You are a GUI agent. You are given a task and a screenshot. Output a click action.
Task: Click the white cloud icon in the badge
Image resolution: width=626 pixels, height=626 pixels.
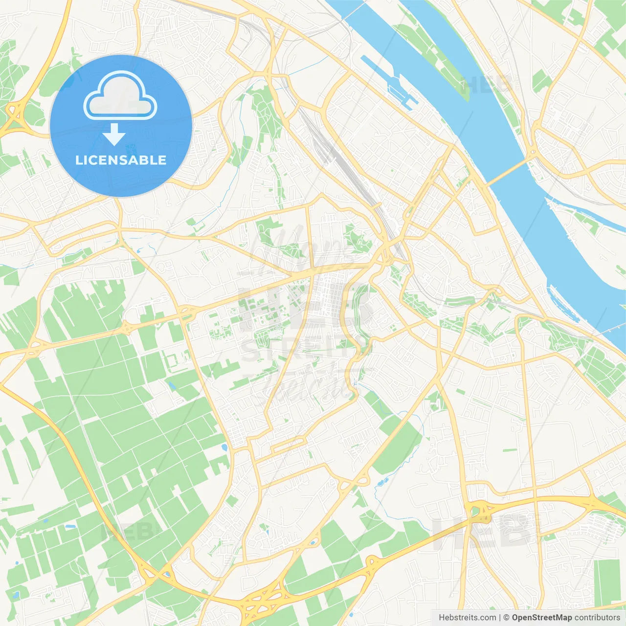click(x=120, y=96)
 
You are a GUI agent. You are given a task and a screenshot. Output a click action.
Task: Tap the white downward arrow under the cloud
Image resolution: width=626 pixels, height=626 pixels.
click(x=114, y=134)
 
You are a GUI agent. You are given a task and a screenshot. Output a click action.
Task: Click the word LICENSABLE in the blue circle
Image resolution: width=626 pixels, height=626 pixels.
click(x=121, y=160)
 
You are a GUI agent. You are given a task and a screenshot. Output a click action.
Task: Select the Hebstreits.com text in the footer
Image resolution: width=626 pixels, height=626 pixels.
click(x=467, y=618)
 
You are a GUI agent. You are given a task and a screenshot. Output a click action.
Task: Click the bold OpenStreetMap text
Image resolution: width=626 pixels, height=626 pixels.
click(x=541, y=618)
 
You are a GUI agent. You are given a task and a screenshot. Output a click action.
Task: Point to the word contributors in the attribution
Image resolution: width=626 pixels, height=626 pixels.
click(x=597, y=618)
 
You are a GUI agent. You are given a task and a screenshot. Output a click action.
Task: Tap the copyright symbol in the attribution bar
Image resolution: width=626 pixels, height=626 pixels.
click(x=506, y=618)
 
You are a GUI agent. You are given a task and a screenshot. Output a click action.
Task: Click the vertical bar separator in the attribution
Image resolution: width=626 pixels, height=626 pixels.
click(x=500, y=618)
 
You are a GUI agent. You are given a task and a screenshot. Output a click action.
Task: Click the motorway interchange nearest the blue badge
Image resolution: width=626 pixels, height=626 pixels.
click(x=15, y=115)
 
